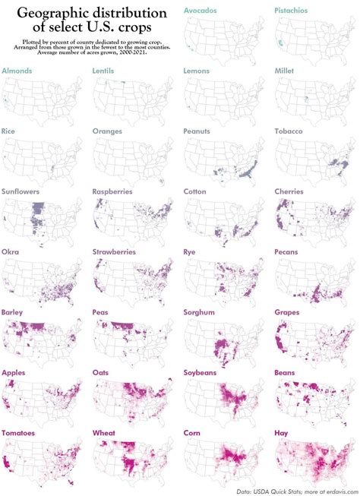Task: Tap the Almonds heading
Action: pos(18,71)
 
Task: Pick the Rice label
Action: pos(10,131)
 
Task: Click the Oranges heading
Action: pos(109,131)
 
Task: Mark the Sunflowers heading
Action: pos(21,191)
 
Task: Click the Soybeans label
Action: pos(204,371)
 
